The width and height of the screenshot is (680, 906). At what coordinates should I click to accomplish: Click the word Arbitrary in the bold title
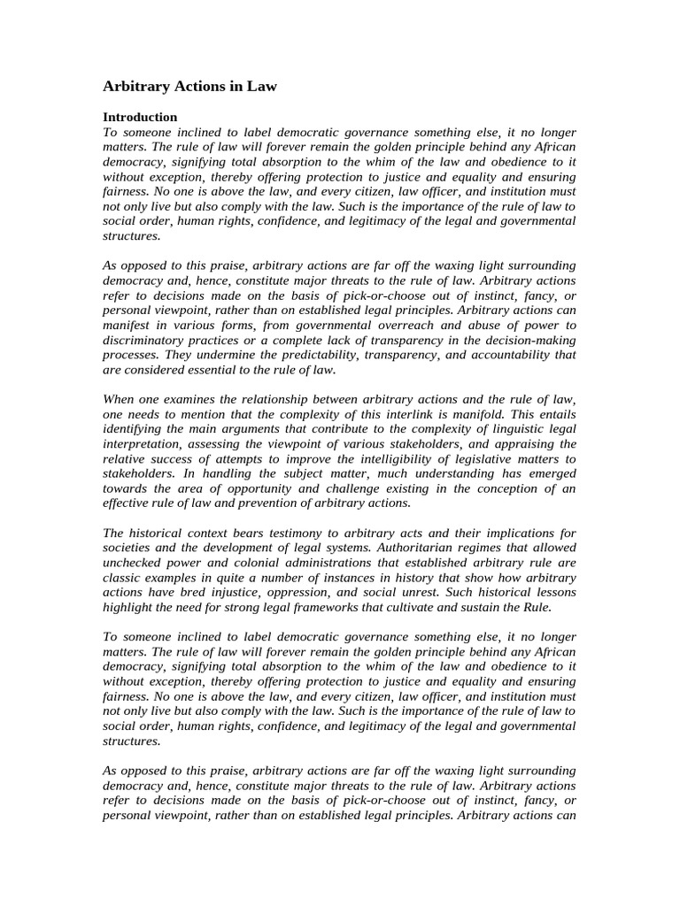click(136, 87)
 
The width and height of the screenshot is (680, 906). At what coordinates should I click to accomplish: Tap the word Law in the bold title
click(262, 87)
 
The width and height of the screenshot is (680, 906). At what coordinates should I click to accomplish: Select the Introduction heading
click(140, 117)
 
